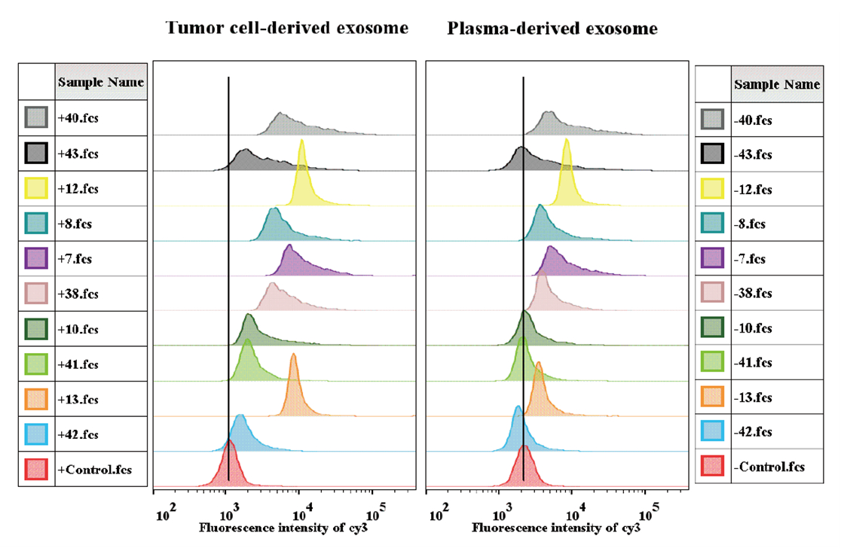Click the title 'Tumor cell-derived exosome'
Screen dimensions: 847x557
coord(287,28)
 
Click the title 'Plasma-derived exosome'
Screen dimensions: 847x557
coord(552,28)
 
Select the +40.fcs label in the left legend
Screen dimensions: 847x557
coord(78,117)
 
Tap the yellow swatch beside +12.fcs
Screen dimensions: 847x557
coord(36,188)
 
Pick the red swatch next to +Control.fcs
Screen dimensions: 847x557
coord(36,469)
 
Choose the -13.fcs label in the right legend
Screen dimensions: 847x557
coord(753,397)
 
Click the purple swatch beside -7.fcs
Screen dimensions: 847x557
coord(712,258)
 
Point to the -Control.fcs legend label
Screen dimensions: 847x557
coord(769,467)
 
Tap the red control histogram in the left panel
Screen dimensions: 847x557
coord(230,467)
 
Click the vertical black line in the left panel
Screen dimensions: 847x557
coord(228,278)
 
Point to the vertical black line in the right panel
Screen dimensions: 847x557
coord(524,278)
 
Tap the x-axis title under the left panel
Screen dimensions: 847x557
coord(283,528)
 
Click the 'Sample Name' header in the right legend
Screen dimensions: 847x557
coord(777,84)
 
